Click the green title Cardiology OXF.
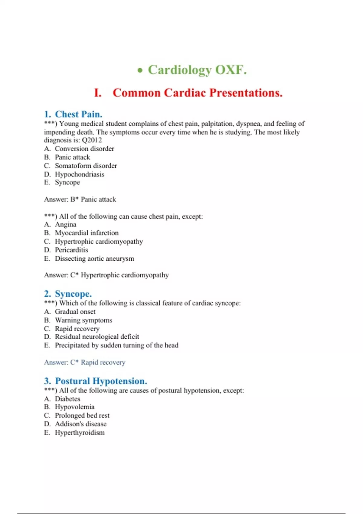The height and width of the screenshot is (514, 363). click(197, 70)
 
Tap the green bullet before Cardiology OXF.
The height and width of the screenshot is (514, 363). click(140, 71)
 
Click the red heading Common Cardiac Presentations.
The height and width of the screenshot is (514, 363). click(198, 93)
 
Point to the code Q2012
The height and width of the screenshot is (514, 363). click(92, 140)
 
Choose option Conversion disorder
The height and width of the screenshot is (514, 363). click(84, 149)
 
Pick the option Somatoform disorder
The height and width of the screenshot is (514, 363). click(86, 166)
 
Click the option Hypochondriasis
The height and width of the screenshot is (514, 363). click(79, 174)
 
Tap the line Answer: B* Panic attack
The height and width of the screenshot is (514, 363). click(80, 199)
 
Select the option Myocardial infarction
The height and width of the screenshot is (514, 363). click(87, 233)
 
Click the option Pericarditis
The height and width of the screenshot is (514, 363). click(71, 250)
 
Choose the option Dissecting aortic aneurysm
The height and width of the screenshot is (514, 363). click(94, 259)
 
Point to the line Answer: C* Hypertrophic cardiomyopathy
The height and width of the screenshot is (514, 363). click(106, 275)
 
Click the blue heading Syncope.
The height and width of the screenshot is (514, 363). click(73, 294)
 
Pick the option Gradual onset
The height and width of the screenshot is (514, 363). click(75, 312)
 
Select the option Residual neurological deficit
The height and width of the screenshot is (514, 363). click(97, 337)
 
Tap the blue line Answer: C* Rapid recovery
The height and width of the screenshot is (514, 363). click(84, 362)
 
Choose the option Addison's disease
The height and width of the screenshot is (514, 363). click(80, 424)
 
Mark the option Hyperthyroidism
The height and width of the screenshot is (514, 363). click(80, 433)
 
